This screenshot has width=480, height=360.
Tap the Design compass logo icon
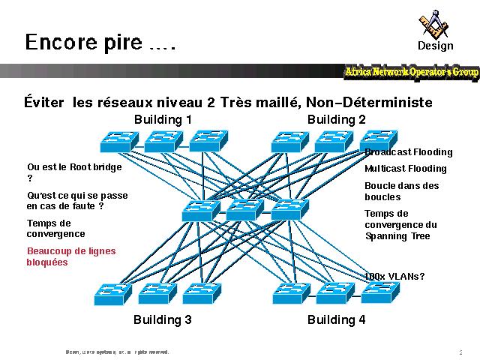tap(435, 24)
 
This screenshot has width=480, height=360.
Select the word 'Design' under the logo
tap(436, 46)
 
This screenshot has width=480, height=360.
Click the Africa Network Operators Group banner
tap(411, 72)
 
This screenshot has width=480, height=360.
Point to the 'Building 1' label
tap(163, 120)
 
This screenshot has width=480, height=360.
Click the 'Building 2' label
tap(337, 120)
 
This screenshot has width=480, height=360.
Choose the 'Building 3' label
tap(163, 320)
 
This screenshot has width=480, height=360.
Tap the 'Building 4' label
tap(337, 320)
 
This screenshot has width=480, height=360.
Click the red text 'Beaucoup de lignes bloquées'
tap(71, 256)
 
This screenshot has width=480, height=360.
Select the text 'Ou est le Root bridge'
tap(74, 167)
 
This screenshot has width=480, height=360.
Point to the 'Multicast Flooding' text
tap(405, 169)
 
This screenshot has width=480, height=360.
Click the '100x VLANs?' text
tap(394, 277)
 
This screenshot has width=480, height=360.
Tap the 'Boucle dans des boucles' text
tap(402, 191)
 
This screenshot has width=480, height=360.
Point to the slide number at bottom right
tap(460, 351)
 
